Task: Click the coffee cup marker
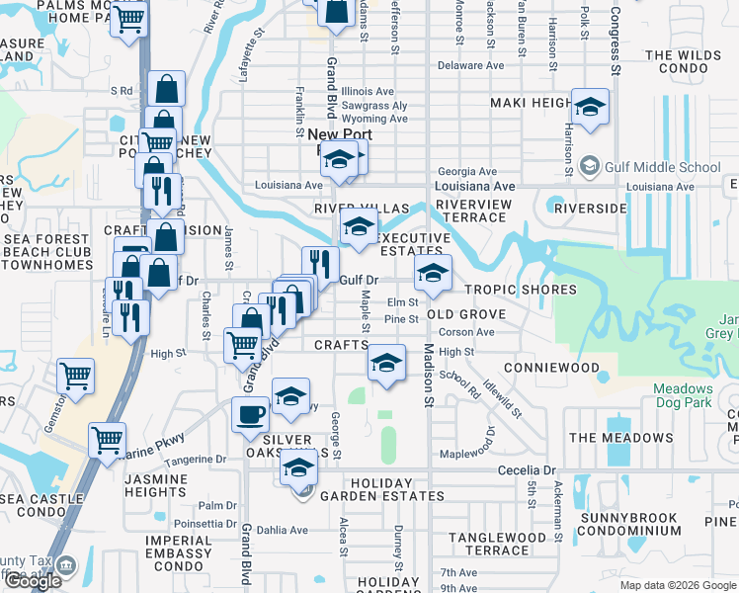pos(251,414)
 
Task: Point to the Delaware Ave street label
pos(471,66)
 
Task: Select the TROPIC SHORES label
pos(521,290)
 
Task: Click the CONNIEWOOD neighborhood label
pos(551,367)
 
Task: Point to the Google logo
pos(33,581)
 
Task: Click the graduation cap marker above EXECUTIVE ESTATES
pos(359,225)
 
